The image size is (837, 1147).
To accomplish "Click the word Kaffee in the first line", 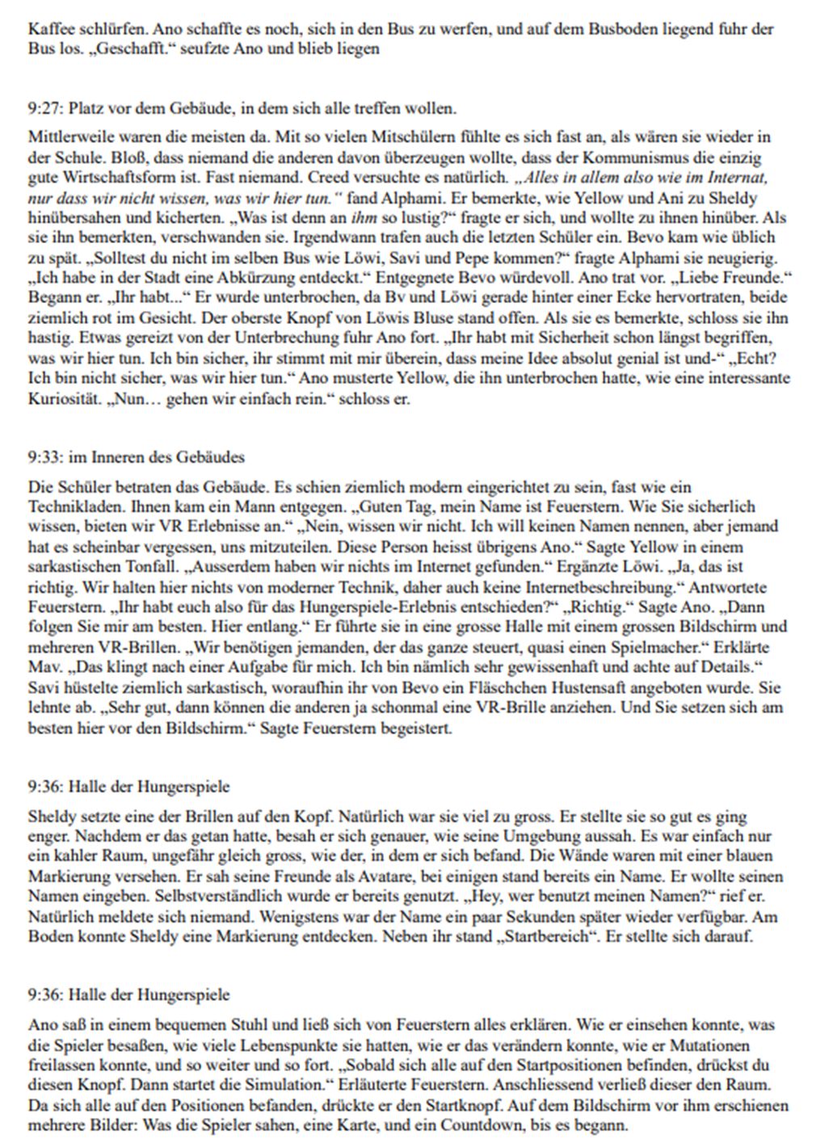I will [46, 30].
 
